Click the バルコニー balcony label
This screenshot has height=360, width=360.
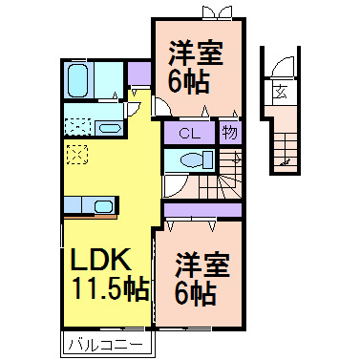(105, 343)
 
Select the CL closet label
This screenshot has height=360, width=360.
(191, 133)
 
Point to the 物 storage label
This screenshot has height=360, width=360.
(229, 132)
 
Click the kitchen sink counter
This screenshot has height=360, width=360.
(90, 204)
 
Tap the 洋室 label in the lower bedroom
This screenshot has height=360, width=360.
(201, 261)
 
